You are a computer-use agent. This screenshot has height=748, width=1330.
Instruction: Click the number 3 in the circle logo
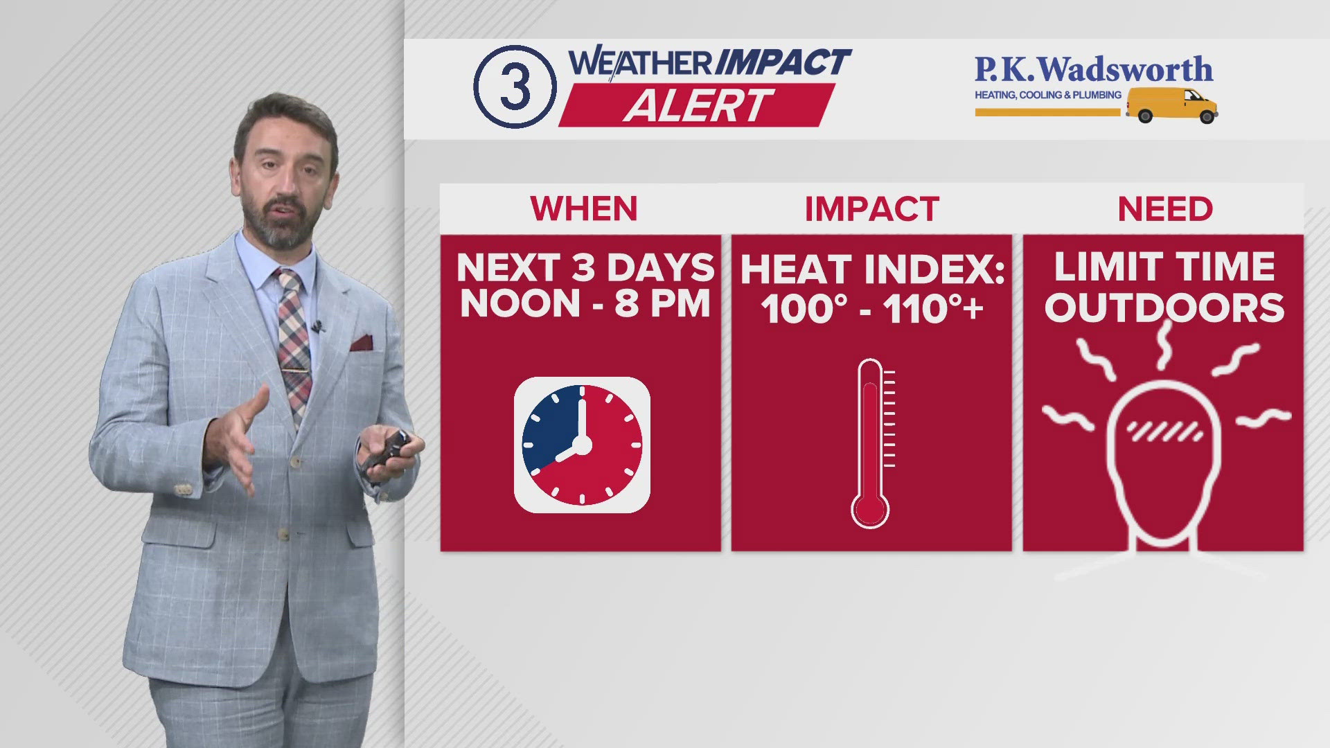pos(515,87)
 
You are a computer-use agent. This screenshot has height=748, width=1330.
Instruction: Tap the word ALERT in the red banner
pos(698,106)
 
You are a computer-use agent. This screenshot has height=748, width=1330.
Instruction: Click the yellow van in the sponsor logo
pos(1172,105)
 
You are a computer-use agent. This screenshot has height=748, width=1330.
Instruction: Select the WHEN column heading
pos(584,209)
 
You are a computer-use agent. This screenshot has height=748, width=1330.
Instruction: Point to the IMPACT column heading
pos(871,209)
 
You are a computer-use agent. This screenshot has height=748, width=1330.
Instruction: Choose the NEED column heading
pos(1165,209)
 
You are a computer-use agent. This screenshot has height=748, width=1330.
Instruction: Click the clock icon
pos(582,445)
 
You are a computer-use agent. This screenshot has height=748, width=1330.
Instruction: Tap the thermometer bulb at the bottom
pos(870,510)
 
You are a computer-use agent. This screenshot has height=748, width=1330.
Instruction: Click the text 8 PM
pos(663,304)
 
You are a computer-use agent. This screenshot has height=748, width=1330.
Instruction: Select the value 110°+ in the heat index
pos(933,308)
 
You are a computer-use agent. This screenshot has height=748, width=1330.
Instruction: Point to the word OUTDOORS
pos(1164,308)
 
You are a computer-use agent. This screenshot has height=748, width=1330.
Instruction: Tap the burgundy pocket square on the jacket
pos(362,342)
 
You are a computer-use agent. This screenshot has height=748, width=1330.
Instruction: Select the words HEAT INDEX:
pos(872,269)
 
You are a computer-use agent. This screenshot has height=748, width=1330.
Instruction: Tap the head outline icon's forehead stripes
pos(1164,432)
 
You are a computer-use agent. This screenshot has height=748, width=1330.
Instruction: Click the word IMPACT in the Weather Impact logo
pos(782,62)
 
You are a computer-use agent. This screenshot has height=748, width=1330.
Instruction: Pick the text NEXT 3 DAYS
pos(585,267)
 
